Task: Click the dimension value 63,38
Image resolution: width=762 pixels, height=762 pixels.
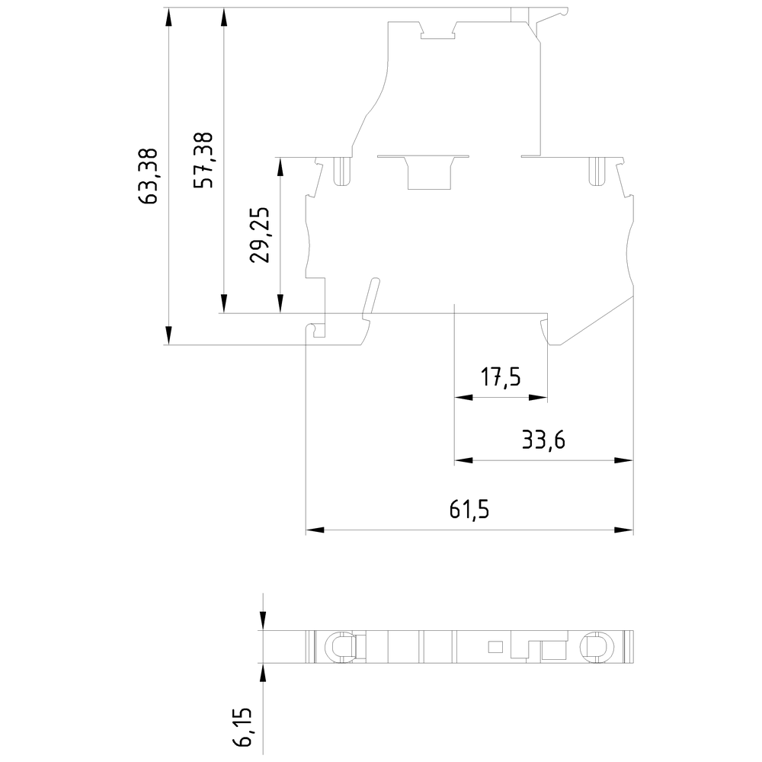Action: tap(149, 176)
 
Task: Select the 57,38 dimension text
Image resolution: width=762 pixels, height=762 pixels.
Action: tap(203, 160)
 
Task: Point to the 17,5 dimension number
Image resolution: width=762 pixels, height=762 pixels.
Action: tap(500, 377)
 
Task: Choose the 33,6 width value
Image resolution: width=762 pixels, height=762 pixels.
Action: tap(543, 440)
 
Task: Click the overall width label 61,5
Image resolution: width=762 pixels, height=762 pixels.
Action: tap(468, 510)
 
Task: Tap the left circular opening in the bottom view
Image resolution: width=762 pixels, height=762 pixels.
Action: tap(340, 647)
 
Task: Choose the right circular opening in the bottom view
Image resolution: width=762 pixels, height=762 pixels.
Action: tap(595, 647)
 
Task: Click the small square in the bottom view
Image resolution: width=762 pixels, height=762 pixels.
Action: tap(495, 648)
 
